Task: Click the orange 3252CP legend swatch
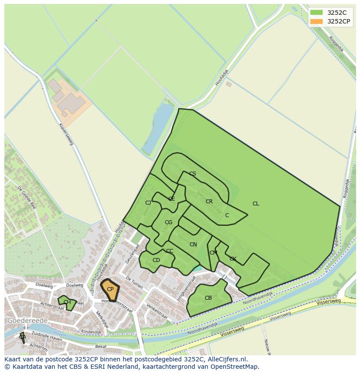(x=317, y=21)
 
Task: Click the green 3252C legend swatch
(x=317, y=13)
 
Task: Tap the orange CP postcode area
(x=110, y=289)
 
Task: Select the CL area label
(x=256, y=204)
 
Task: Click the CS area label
(x=193, y=174)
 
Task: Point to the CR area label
(x=209, y=202)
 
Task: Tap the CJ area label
(x=148, y=203)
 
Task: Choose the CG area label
(x=169, y=222)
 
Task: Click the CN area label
(x=193, y=245)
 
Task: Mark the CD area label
(x=156, y=260)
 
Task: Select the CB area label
(x=208, y=298)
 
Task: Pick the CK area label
(x=233, y=259)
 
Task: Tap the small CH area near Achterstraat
(x=67, y=302)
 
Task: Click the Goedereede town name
(x=27, y=321)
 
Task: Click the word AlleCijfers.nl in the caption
(x=227, y=360)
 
